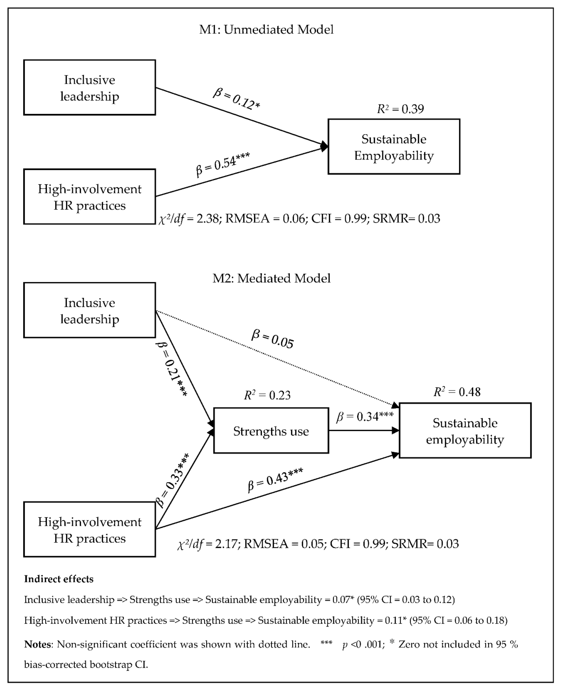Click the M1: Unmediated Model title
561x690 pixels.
266,29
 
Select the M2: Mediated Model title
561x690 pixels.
272,278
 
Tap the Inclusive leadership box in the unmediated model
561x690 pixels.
89,87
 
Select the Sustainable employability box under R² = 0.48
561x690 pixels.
465,431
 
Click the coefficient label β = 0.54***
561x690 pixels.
223,164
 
